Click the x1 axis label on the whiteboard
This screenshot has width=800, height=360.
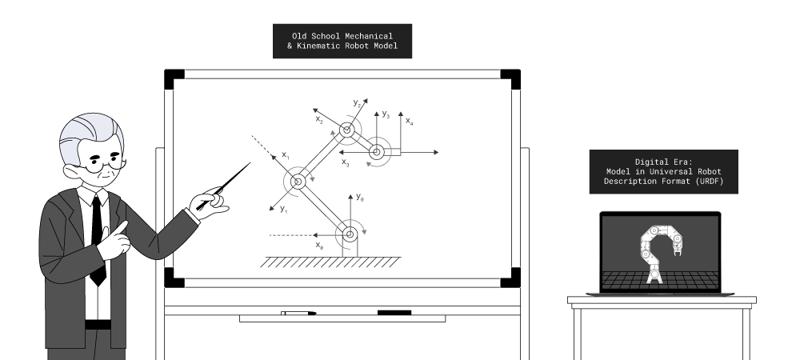pos(286,154)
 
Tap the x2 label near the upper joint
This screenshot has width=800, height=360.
pos(319,120)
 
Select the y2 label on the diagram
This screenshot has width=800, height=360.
pos(358,102)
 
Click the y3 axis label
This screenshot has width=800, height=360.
pos(386,114)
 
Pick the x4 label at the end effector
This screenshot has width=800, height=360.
pos(409,122)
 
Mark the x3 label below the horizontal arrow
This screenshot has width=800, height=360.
pos(346,162)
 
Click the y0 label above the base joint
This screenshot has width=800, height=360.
pos(360,197)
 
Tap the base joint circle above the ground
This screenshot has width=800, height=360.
pos(349,234)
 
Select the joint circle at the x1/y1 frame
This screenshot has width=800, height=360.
pos(298,182)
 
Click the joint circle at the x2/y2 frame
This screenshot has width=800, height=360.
pos(347,130)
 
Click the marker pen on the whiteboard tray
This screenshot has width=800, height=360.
pos(298,313)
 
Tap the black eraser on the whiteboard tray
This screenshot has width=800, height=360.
pos(394,312)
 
